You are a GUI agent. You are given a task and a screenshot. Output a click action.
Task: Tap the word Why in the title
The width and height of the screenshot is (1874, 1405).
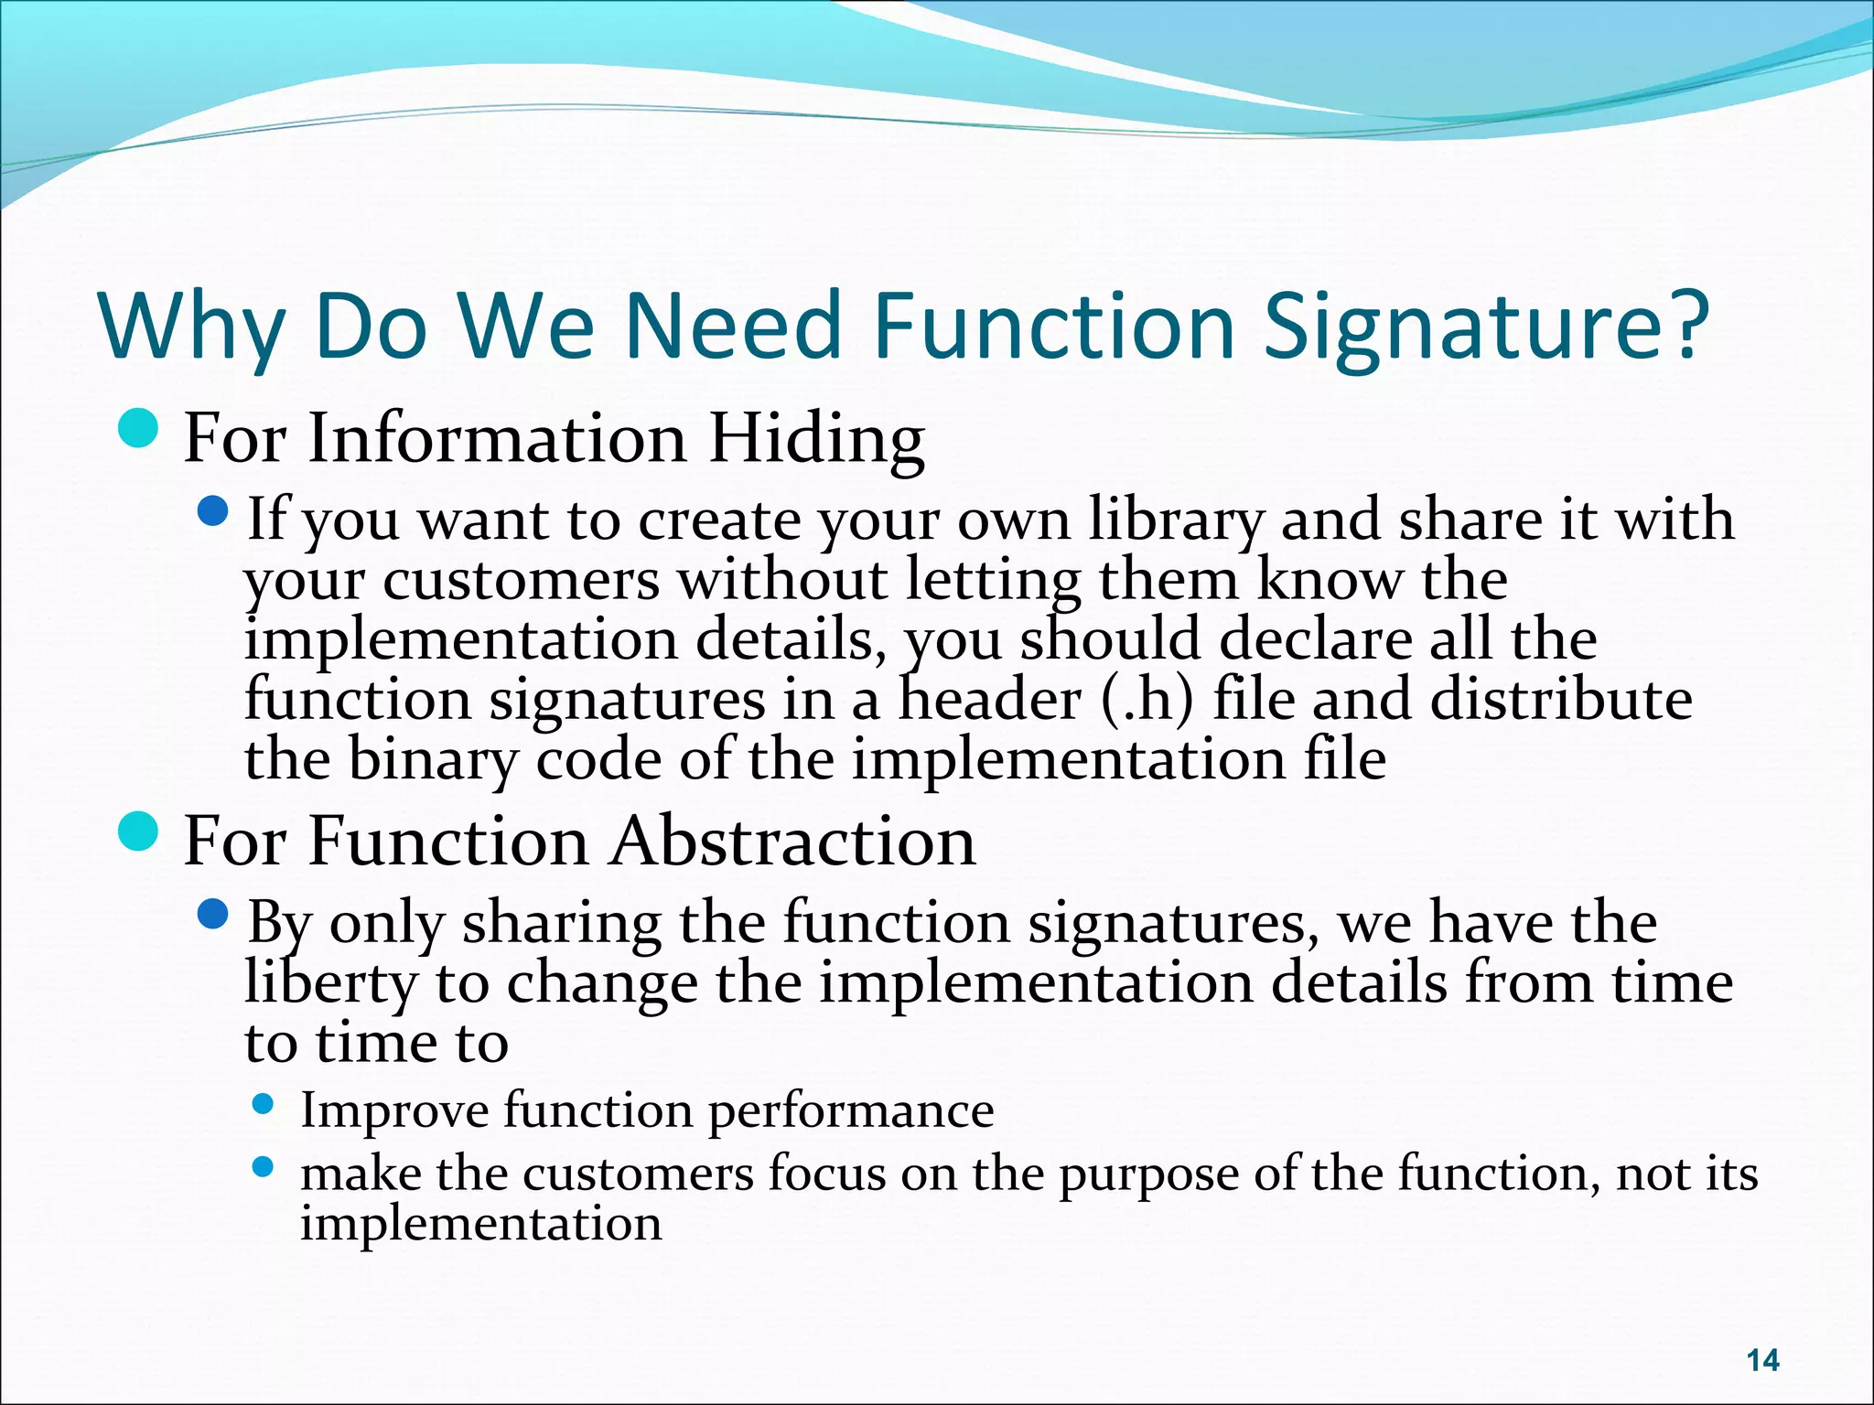pyautogui.click(x=190, y=327)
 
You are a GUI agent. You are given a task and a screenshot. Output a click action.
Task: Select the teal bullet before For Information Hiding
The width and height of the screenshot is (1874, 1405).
pyautogui.click(x=139, y=427)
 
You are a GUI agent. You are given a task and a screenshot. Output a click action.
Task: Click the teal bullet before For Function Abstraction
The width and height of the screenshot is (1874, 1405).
pyautogui.click(x=139, y=830)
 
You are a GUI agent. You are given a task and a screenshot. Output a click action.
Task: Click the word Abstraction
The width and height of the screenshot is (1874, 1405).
pyautogui.click(x=793, y=842)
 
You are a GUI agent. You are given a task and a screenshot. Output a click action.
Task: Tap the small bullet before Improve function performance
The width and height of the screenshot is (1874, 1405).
pyautogui.click(x=263, y=1105)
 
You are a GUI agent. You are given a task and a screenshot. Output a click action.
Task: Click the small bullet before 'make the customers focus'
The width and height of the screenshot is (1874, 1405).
pyautogui.click(x=263, y=1167)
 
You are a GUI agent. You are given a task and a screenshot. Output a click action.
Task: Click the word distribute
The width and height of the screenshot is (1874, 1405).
pyautogui.click(x=1560, y=700)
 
